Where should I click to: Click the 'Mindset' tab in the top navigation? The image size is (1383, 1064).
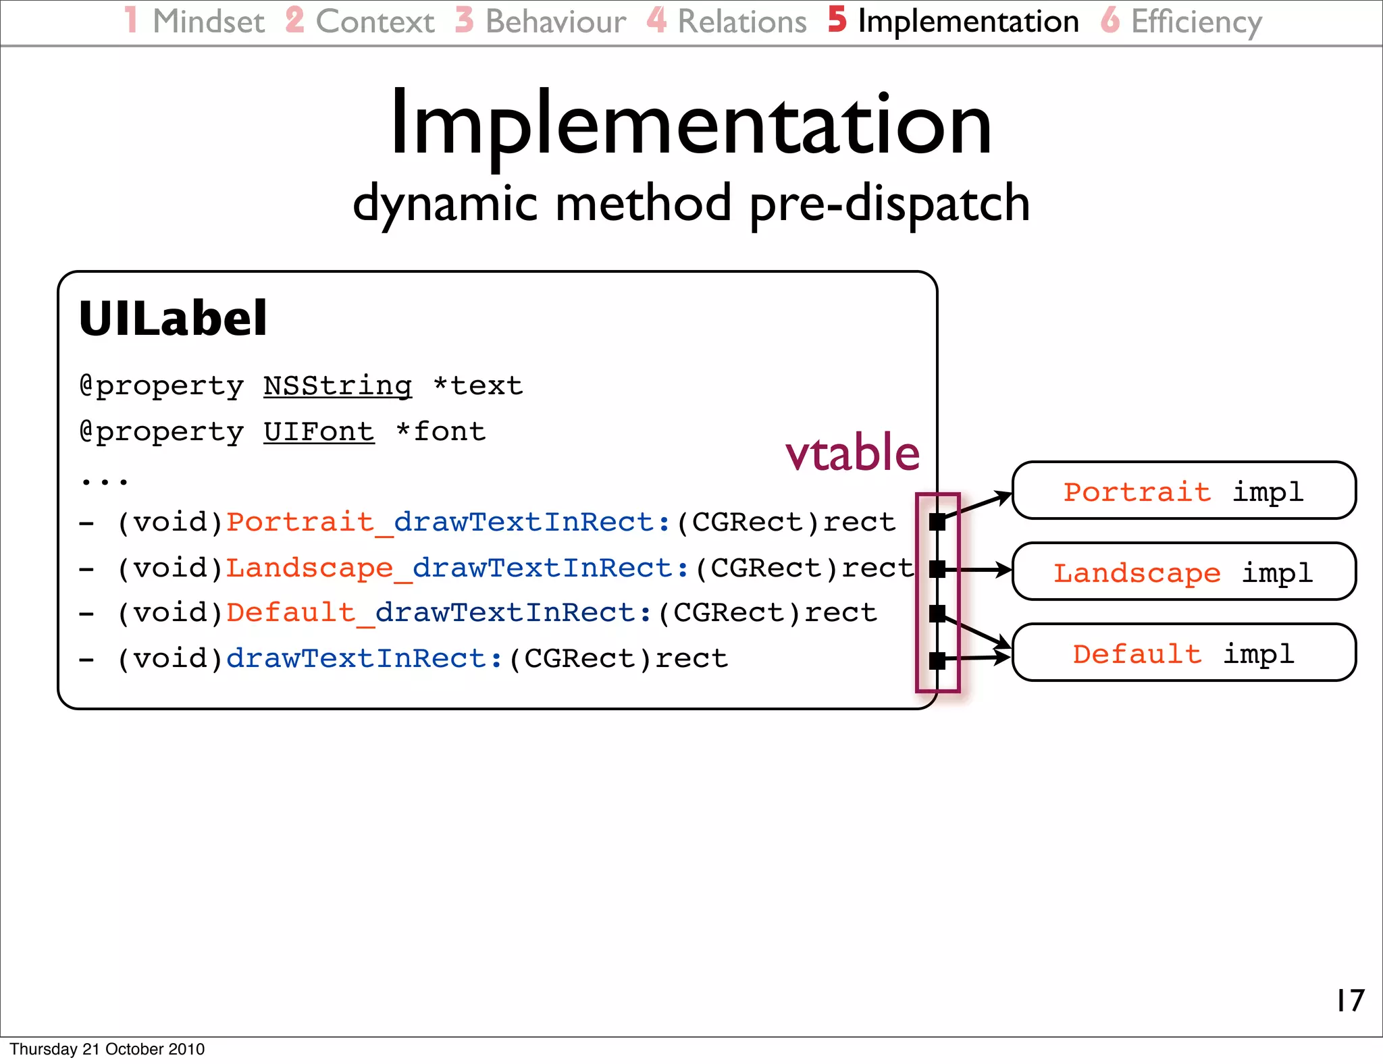pyautogui.click(x=208, y=22)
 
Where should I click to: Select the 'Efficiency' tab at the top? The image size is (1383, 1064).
pyautogui.click(x=1196, y=22)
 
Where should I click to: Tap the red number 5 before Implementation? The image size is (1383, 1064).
pyautogui.click(x=837, y=20)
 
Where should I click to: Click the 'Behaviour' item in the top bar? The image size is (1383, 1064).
pyautogui.click(x=555, y=22)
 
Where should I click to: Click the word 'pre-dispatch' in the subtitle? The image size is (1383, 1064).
pyautogui.click(x=889, y=204)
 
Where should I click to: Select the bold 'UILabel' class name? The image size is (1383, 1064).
pyautogui.click(x=174, y=319)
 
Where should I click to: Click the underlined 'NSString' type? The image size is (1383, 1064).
pyautogui.click(x=338, y=386)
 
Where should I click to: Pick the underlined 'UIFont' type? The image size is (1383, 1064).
pyautogui.click(x=319, y=432)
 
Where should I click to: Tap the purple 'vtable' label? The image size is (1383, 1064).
pyautogui.click(x=852, y=452)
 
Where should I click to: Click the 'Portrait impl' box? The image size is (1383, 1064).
pyautogui.click(x=1184, y=491)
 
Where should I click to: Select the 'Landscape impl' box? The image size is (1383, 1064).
pyautogui.click(x=1184, y=572)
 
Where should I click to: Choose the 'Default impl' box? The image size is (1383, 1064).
pyautogui.click(x=1184, y=653)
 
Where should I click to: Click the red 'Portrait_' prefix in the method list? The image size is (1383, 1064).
pyautogui.click(x=307, y=523)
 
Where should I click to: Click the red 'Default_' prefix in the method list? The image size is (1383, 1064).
pyautogui.click(x=298, y=613)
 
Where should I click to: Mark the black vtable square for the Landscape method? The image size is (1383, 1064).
pyautogui.click(x=937, y=569)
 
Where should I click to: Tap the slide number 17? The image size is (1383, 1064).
pyautogui.click(x=1351, y=1001)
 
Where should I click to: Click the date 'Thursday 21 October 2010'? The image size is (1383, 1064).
pyautogui.click(x=107, y=1049)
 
